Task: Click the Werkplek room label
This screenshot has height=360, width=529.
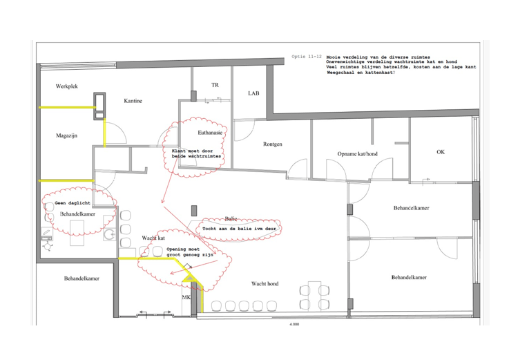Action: [67, 86]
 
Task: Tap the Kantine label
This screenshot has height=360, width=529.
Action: [133, 101]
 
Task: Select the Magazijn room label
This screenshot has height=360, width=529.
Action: [66, 135]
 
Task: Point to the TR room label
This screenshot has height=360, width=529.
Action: [215, 85]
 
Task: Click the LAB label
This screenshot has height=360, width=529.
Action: [253, 93]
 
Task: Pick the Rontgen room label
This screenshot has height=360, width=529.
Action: [273, 144]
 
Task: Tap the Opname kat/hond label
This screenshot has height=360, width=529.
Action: [357, 154]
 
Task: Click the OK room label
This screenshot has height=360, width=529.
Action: [441, 152]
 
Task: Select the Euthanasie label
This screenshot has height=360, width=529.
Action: [210, 133]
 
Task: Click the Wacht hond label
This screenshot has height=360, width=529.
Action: [264, 284]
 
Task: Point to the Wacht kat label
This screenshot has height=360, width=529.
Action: [153, 238]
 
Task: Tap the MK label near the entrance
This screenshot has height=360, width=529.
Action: [186, 297]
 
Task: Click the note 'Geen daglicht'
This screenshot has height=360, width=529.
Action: [73, 203]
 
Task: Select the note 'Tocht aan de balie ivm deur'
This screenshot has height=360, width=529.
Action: [239, 229]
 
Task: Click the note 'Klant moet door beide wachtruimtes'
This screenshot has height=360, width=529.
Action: [196, 153]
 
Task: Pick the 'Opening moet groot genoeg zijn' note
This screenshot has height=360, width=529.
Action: [190, 252]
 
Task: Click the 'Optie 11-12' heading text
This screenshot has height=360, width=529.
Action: [307, 57]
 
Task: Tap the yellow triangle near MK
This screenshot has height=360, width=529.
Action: [190, 278]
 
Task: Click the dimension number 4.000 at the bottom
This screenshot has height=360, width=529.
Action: [294, 324]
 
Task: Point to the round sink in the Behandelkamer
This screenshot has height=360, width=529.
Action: [109, 234]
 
